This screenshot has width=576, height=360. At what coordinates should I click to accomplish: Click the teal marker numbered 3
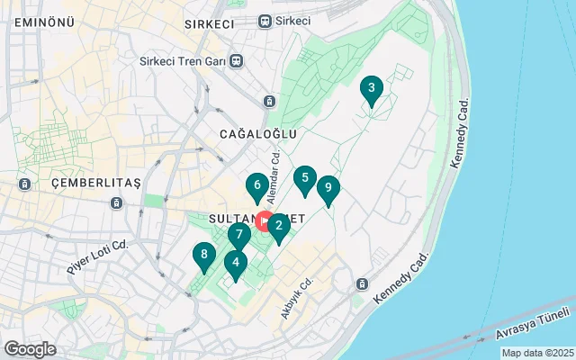tap(370, 89)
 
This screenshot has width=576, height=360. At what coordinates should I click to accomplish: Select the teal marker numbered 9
tap(328, 189)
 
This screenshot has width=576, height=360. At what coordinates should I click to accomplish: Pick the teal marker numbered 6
tap(257, 187)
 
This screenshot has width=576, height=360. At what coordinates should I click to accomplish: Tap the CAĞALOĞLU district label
tap(258, 133)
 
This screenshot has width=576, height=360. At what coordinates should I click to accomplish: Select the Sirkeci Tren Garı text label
tap(184, 61)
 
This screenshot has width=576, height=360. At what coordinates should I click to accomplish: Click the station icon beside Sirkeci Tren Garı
tap(236, 61)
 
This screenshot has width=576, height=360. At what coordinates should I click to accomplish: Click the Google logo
tap(30, 349)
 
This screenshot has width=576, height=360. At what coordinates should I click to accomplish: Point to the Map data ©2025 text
tap(536, 353)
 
